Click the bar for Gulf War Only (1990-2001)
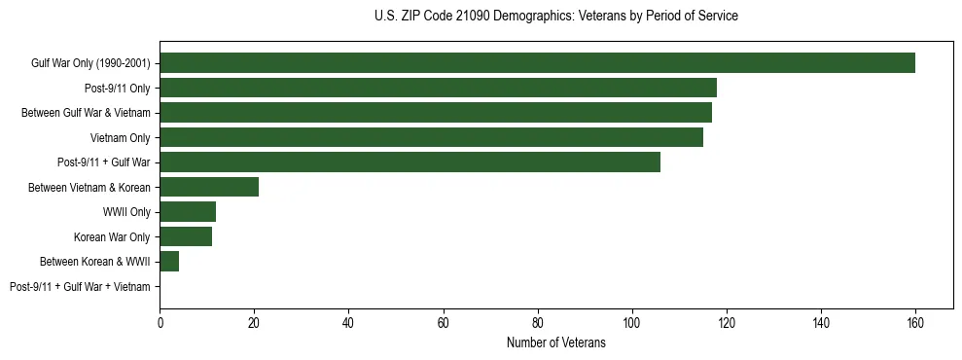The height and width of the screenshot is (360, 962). click(537, 63)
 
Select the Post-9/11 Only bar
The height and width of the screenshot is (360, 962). click(438, 88)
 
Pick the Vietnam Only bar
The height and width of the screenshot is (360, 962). click(431, 137)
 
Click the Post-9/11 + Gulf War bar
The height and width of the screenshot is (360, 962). click(410, 162)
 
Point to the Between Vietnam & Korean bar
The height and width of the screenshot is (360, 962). click(209, 187)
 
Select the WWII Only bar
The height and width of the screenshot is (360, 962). click(188, 212)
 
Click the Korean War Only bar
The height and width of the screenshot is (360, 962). click(186, 236)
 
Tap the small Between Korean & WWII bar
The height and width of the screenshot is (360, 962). click(169, 262)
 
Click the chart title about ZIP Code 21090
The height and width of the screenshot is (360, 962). click(555, 17)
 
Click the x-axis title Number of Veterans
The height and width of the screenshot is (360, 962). click(555, 343)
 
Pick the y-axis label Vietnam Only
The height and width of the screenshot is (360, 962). click(120, 138)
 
